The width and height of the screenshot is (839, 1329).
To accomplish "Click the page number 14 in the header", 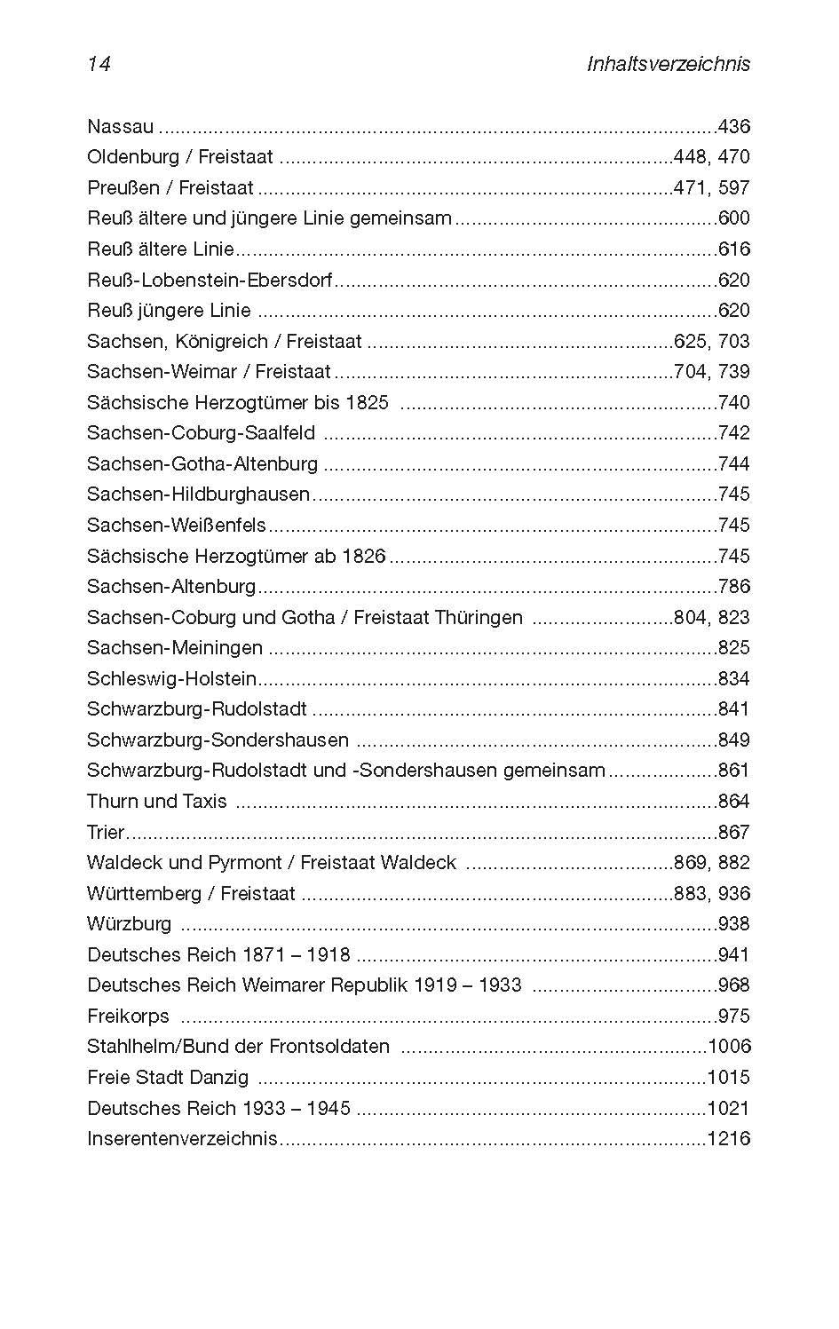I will [x=99, y=64].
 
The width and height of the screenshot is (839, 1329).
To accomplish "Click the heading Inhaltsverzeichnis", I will [x=669, y=64].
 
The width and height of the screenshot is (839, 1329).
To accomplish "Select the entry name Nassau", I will [x=120, y=126].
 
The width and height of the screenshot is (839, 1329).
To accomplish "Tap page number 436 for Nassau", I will [x=733, y=126].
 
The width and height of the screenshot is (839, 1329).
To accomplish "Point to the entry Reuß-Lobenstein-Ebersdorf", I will [x=210, y=280].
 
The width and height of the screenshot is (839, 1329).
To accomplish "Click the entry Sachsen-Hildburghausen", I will [x=198, y=494].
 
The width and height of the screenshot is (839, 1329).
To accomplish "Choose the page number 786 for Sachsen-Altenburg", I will [x=733, y=586].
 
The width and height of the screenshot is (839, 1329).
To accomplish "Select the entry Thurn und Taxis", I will [x=157, y=801].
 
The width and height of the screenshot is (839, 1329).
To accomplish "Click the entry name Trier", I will [x=106, y=832].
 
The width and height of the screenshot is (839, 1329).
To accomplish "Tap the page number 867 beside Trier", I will [x=733, y=832].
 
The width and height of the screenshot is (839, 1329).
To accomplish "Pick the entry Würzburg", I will [x=130, y=923].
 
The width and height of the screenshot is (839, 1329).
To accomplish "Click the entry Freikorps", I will [x=128, y=1016].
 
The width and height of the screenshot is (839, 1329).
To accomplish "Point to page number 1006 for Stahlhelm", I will [x=729, y=1046].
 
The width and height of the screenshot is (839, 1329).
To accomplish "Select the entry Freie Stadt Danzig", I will [x=168, y=1077].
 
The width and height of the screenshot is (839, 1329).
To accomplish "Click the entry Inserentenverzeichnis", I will [x=182, y=1138].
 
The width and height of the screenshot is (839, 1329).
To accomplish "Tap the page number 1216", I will [x=729, y=1138].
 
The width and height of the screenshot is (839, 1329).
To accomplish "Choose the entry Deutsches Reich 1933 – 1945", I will [x=218, y=1108].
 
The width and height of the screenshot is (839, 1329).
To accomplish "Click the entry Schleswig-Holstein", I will [x=171, y=678].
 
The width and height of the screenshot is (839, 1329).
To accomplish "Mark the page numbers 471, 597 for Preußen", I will [x=711, y=187].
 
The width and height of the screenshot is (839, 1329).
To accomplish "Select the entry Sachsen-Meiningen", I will [x=175, y=647].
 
